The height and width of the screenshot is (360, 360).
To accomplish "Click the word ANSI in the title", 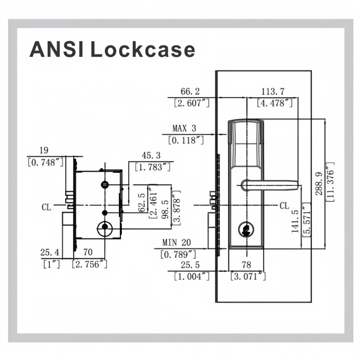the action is point(56,49).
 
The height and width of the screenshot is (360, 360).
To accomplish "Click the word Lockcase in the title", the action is point(143,49).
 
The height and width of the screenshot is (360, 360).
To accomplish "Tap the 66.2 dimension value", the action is point(190,91).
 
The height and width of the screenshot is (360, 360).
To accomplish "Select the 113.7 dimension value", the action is point(273,92).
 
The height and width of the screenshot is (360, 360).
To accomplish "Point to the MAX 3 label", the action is point(184,128).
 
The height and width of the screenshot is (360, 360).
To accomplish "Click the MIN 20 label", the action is point(176,243).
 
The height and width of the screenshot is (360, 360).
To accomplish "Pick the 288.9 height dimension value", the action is point(319,184).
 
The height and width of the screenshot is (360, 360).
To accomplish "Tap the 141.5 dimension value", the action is point(295,221).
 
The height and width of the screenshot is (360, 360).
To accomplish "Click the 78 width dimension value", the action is point(246,265).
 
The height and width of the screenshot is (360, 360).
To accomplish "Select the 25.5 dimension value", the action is point(190,265).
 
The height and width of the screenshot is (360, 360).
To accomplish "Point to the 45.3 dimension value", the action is point(151,155).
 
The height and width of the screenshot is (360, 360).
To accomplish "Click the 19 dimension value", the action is point(44,150).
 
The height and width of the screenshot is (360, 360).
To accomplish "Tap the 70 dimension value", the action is point(88,252).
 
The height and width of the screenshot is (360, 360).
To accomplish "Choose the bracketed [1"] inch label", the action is point(51,264).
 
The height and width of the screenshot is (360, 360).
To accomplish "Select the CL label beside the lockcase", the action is point(46,207).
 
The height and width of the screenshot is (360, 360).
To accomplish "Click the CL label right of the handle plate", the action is point(284,206).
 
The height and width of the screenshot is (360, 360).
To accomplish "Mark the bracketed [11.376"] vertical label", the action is point(330,182).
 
